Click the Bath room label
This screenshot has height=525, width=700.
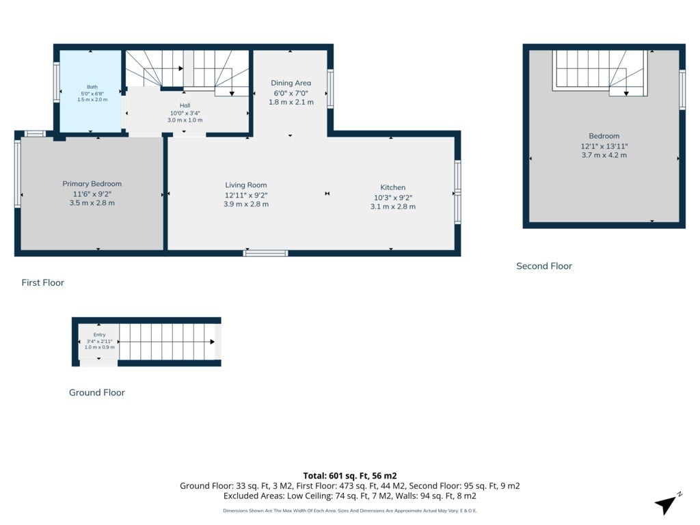tap(92, 87)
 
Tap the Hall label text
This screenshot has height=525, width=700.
tap(185, 106)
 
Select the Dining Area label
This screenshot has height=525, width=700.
tap(291, 83)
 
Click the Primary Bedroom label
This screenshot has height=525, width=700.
tap(92, 184)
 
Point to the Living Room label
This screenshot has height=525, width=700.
tap(246, 185)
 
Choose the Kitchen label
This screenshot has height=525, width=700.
tap(393, 187)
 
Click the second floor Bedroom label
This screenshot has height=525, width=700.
tap(604, 136)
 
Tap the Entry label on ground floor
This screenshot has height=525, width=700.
tap(100, 335)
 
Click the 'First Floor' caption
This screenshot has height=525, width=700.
tap(43, 282)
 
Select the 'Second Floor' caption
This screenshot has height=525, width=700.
tap(544, 266)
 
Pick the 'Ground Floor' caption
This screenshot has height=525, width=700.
tap(97, 392)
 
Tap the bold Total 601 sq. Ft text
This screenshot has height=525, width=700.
tap(350, 476)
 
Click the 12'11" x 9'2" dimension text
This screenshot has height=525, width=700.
tap(246, 195)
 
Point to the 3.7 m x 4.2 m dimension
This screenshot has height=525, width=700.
tap(604, 155)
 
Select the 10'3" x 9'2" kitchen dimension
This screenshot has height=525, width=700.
tap(393, 198)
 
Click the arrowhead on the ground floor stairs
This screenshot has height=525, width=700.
tap(213, 342)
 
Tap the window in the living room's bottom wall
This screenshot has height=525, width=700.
tap(266, 253)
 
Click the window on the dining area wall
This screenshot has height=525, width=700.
tap(330, 88)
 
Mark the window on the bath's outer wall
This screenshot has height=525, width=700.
tap(57, 83)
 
